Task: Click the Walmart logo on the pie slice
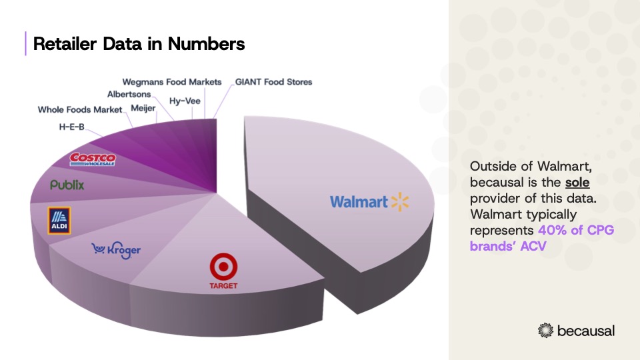pos(369,201)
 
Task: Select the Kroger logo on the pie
pos(116,250)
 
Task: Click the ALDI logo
pos(59,221)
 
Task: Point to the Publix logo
pos(67,185)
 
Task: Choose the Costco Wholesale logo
pos(93,158)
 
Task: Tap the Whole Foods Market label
pos(80,109)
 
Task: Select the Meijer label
pos(143,107)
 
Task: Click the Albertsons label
pos(129,94)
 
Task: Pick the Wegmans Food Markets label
pos(171,82)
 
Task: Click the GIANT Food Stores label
pos(273,82)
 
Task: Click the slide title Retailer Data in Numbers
pos(139,44)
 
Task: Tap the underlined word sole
pos(577,181)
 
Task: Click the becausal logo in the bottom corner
pos(576,330)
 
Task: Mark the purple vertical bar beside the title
pos(25,43)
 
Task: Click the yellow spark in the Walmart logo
pos(399,201)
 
